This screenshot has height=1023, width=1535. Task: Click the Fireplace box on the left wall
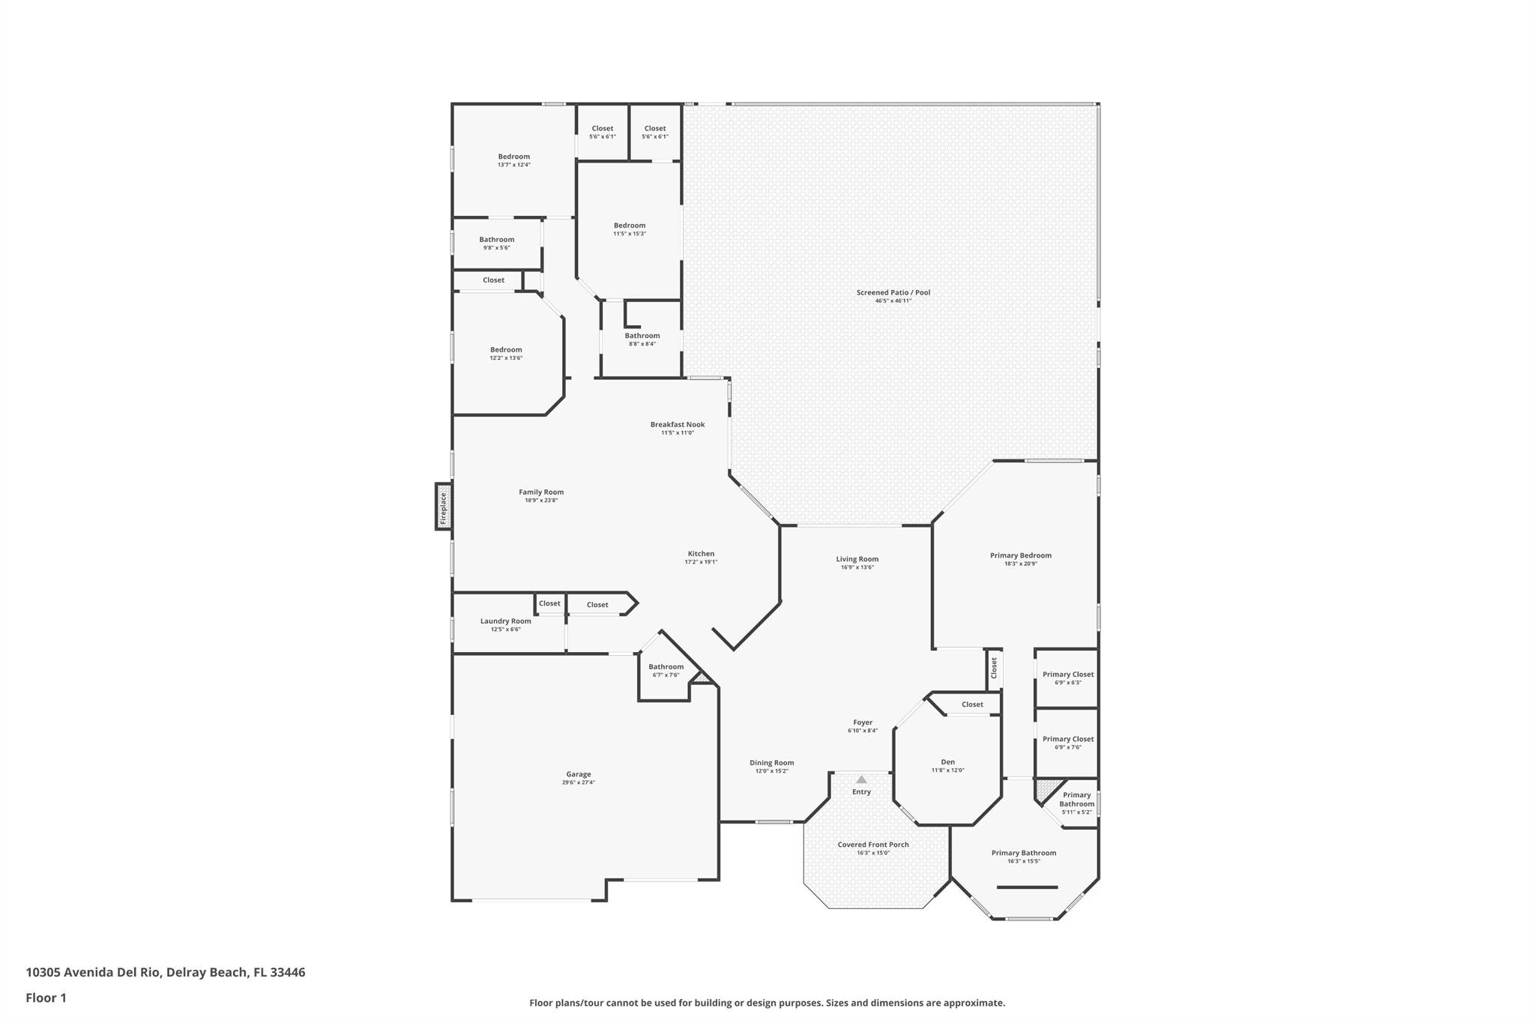coord(444,507)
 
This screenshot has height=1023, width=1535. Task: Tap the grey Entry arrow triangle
coord(861,779)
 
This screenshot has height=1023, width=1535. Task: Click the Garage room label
coord(579,774)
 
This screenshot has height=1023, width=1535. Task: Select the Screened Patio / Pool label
coord(893,292)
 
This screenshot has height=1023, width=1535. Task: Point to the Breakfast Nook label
coord(678,424)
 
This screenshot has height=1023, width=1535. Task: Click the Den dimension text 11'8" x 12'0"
coord(947,770)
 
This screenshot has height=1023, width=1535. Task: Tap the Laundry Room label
coord(506,621)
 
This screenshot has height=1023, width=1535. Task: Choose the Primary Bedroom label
coord(1020,555)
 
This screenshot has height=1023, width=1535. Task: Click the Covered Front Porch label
coord(873,845)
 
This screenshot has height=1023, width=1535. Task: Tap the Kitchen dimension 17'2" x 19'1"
coord(701,562)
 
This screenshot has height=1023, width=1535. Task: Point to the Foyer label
coord(863,722)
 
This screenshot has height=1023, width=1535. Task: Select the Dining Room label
coord(771,763)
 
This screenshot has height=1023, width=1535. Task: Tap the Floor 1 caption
coord(46,998)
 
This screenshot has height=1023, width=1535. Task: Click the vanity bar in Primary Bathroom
coord(1027,887)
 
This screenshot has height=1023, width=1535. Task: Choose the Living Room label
coord(857,559)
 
